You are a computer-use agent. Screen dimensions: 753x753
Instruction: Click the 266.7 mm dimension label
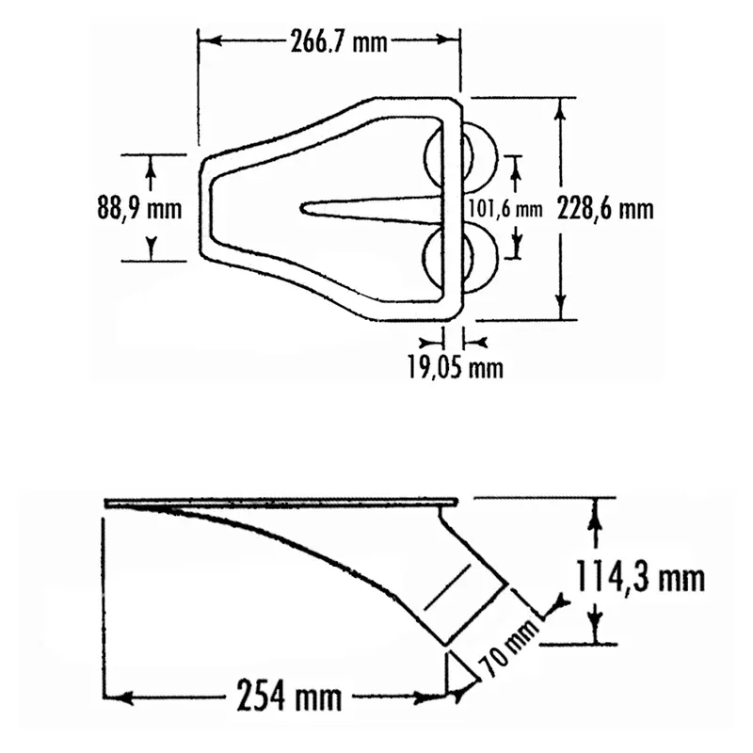point(339,42)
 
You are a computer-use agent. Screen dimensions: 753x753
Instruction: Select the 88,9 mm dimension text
point(139,209)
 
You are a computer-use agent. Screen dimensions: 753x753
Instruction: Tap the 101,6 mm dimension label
point(505,209)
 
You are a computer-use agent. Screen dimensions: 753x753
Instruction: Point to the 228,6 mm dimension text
point(605,209)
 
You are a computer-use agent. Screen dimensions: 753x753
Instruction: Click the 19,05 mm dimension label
point(456,368)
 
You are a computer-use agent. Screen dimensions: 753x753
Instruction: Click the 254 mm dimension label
point(289,695)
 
